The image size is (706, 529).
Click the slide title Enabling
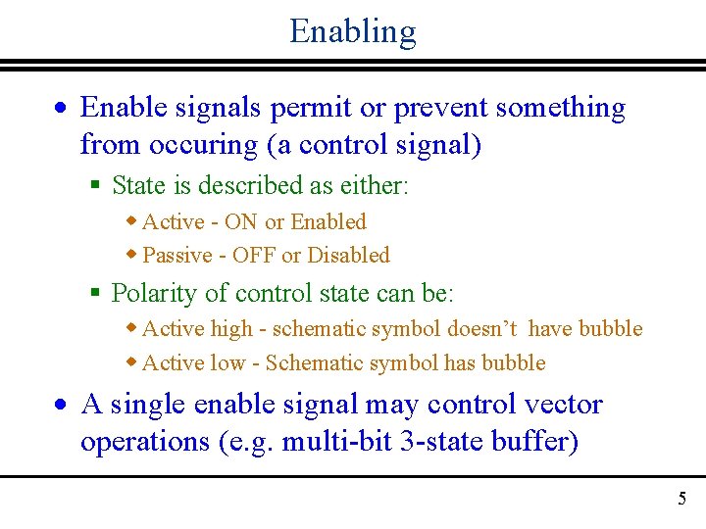point(352,31)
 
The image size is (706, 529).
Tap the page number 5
point(681,500)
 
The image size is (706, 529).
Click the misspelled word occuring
point(204,144)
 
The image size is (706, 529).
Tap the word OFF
point(254,256)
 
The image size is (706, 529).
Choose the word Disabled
point(348,256)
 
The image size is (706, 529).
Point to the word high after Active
point(230,329)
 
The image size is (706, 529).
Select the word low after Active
point(227,363)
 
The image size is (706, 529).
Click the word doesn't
point(477,329)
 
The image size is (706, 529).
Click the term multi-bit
point(338,442)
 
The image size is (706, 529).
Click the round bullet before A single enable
point(61,406)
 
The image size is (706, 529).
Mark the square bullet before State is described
point(95,185)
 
